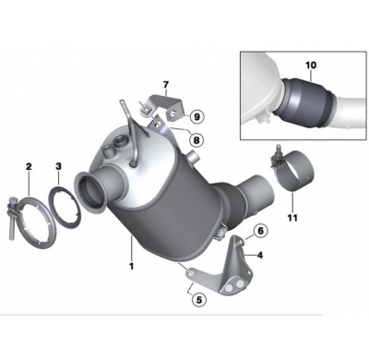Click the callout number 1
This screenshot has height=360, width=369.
point(132,267)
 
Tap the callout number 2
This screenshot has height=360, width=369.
point(29,166)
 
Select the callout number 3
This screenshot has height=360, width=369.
point(58,166)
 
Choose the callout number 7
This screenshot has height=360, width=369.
point(166,84)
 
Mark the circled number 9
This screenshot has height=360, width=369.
point(197,116)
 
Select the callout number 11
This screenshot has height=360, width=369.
point(292,217)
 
